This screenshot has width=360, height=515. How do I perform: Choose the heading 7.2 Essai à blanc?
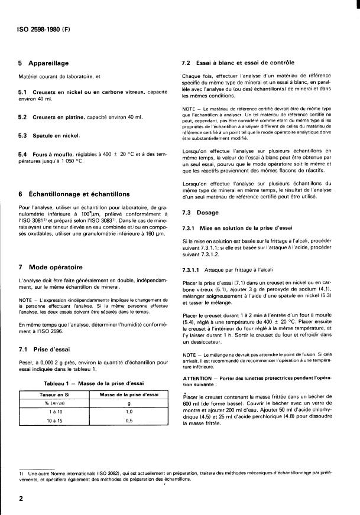click(x=238, y=63)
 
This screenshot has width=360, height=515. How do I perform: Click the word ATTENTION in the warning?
click(x=199, y=377)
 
